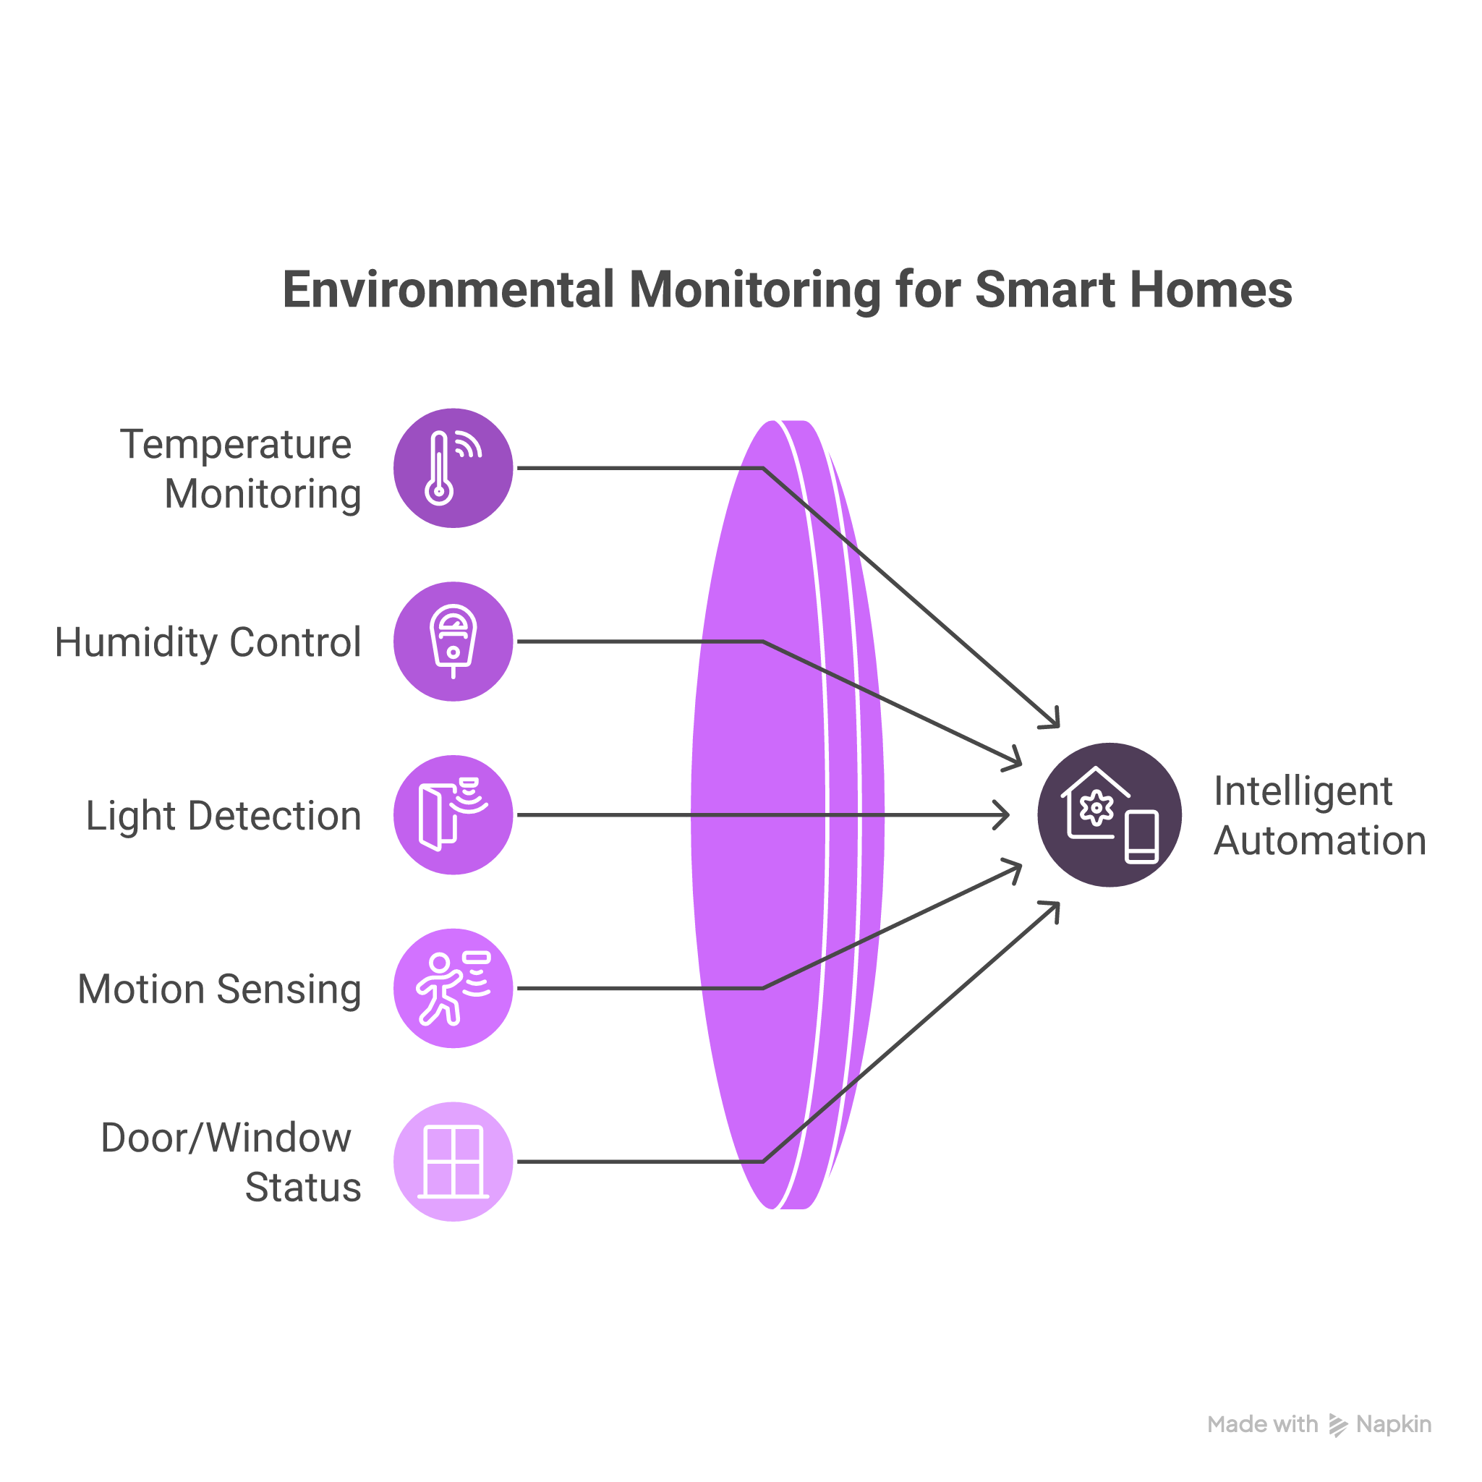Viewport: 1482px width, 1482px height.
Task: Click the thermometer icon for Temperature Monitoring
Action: coord(453,468)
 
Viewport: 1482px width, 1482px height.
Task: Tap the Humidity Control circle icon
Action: coord(453,642)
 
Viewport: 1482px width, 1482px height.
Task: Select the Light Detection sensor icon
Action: coord(453,814)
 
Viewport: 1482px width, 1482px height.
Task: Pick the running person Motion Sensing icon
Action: coord(453,988)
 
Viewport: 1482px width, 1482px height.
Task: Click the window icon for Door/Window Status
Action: coord(453,1162)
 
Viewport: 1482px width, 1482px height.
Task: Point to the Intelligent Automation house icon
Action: coord(1110,814)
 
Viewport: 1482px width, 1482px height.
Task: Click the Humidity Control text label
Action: coord(208,642)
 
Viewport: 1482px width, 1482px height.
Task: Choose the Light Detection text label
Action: coord(223,815)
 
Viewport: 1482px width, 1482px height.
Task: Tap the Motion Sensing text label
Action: coord(219,989)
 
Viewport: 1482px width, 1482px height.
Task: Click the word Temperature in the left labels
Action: coord(236,444)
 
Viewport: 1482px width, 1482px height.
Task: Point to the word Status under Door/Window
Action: coord(303,1187)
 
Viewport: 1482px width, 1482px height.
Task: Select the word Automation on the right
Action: coord(1319,840)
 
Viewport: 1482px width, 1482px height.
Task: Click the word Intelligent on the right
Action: coord(1303,791)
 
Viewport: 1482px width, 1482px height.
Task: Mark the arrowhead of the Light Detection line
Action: coord(1005,814)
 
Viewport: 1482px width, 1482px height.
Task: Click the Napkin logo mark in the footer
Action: coord(1338,1424)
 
